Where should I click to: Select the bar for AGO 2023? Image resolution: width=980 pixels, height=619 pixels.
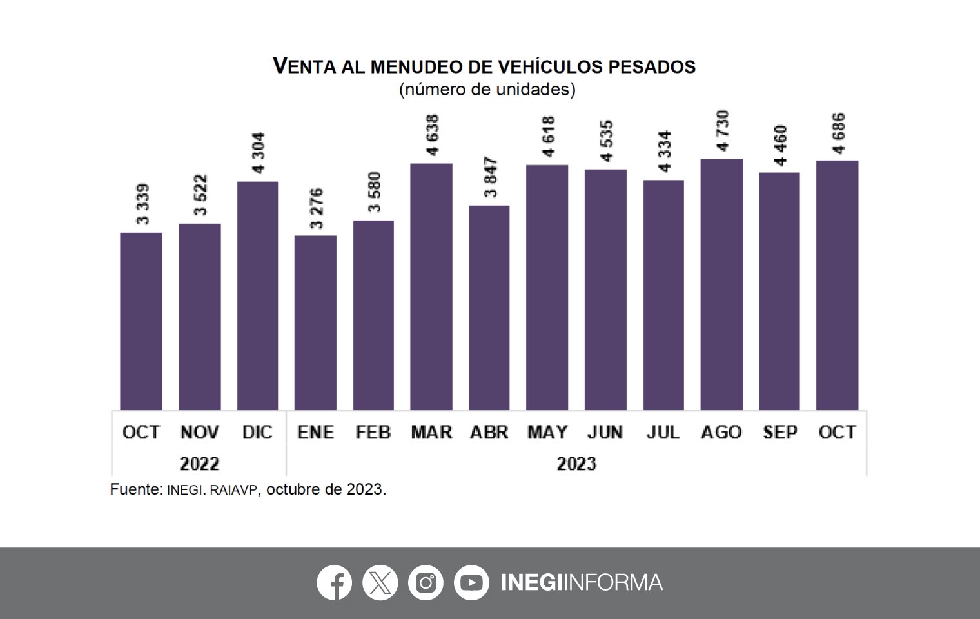click(721, 284)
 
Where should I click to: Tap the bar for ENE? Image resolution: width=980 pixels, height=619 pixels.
click(315, 322)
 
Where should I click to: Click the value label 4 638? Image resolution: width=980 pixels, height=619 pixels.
click(432, 135)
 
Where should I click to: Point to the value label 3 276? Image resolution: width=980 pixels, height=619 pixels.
click(316, 208)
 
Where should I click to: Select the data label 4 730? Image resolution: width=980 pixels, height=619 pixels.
click(722, 131)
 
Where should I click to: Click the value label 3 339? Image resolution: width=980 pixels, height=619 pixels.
click(142, 204)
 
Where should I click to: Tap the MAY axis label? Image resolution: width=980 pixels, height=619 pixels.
click(547, 432)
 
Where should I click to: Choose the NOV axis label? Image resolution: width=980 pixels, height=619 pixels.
click(199, 432)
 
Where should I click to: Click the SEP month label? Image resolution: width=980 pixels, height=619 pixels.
click(779, 432)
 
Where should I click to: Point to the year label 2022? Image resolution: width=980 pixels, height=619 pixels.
click(199, 464)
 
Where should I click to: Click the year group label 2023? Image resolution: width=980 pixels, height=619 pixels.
click(576, 464)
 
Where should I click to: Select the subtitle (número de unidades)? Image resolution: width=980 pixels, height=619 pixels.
click(487, 89)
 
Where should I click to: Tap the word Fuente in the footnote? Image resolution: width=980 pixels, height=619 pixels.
click(135, 489)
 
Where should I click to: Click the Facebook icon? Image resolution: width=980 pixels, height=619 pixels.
click(334, 583)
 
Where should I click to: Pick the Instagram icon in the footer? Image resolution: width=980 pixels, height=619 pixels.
click(426, 583)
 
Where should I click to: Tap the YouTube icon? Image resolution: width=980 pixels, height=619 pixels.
click(471, 583)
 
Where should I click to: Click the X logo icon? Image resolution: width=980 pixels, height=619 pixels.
click(380, 583)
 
